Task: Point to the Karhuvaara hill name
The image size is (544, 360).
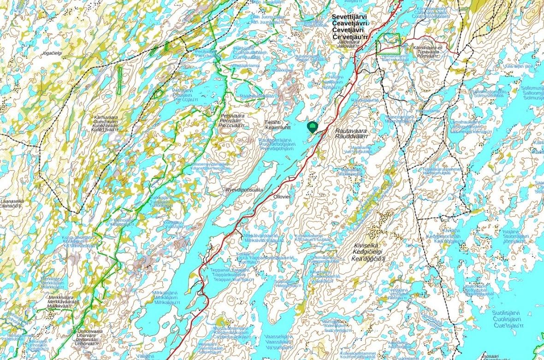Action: click(105, 118)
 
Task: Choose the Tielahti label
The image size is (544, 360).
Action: click(272, 123)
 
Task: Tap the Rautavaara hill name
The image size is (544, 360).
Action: click(350, 130)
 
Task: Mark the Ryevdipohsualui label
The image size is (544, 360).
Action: click(244, 189)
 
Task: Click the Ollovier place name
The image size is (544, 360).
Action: click(282, 197)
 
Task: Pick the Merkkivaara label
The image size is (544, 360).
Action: click(64, 297)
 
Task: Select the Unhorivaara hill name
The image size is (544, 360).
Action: click(90, 331)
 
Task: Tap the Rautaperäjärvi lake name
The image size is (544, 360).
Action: click(276, 140)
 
